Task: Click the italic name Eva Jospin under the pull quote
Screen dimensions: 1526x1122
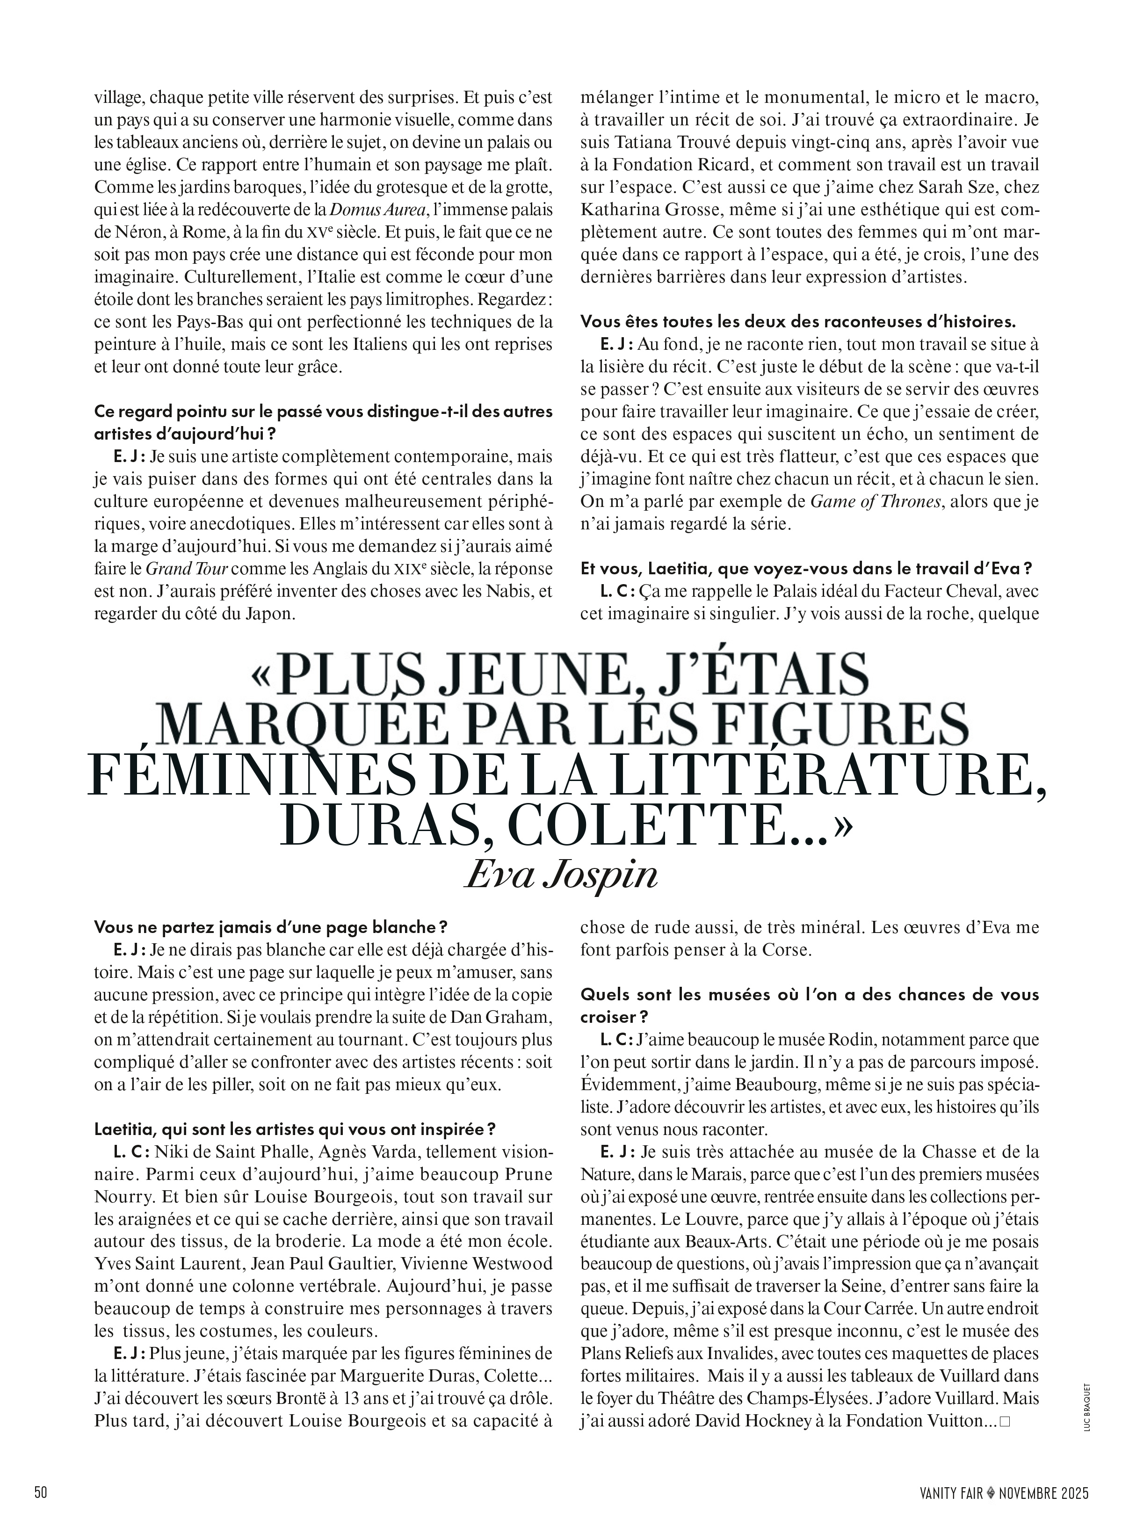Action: (x=561, y=876)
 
